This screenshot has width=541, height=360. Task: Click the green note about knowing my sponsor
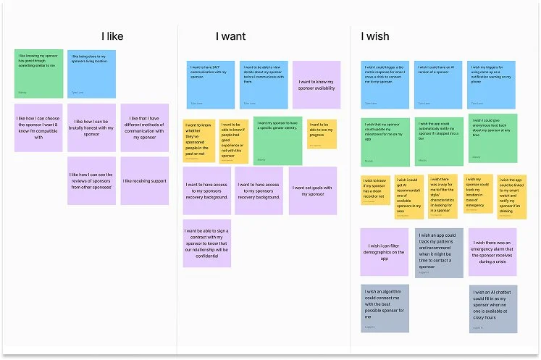38,73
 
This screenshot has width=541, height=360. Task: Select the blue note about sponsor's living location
91,73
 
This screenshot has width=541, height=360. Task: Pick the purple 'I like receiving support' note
145,180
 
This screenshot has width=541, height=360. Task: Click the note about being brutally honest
91,127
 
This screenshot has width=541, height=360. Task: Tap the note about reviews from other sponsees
91,180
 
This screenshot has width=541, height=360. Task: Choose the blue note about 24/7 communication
210,85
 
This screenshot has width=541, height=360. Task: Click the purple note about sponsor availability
316,85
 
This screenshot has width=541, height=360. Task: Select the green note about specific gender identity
277,141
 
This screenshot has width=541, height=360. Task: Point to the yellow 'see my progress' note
322,134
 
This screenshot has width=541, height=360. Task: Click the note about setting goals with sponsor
313,191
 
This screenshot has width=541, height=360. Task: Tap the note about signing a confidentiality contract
206,243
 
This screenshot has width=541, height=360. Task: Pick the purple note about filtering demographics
385,252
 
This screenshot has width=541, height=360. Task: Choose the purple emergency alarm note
492,252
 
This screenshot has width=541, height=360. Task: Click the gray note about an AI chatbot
492,308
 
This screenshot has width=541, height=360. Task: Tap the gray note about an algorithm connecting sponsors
385,308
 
